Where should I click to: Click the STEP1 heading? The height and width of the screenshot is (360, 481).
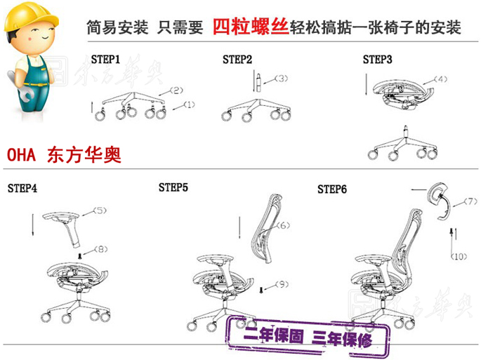point(105,59)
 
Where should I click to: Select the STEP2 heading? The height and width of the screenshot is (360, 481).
point(237,59)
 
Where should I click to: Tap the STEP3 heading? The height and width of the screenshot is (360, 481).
point(377,59)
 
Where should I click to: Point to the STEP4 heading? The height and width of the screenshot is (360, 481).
point(22,188)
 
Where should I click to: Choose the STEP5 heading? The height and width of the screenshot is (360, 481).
point(173,187)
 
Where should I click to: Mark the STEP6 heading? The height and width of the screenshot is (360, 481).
point(332,189)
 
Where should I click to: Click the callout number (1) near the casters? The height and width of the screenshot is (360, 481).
point(190,105)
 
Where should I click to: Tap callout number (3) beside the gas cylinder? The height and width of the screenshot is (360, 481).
point(281,78)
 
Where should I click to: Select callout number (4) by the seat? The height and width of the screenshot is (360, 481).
point(440,79)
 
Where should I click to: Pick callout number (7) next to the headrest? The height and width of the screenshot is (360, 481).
point(470,201)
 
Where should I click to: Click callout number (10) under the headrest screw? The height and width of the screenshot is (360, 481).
point(459,256)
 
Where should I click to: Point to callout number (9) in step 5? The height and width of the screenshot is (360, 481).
point(282,284)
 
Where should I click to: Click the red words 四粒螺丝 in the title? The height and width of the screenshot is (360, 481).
point(251,27)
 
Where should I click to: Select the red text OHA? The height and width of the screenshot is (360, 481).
point(21,154)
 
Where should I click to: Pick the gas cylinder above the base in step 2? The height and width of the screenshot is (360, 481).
point(258,82)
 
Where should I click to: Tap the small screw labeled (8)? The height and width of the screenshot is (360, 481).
point(80,255)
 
